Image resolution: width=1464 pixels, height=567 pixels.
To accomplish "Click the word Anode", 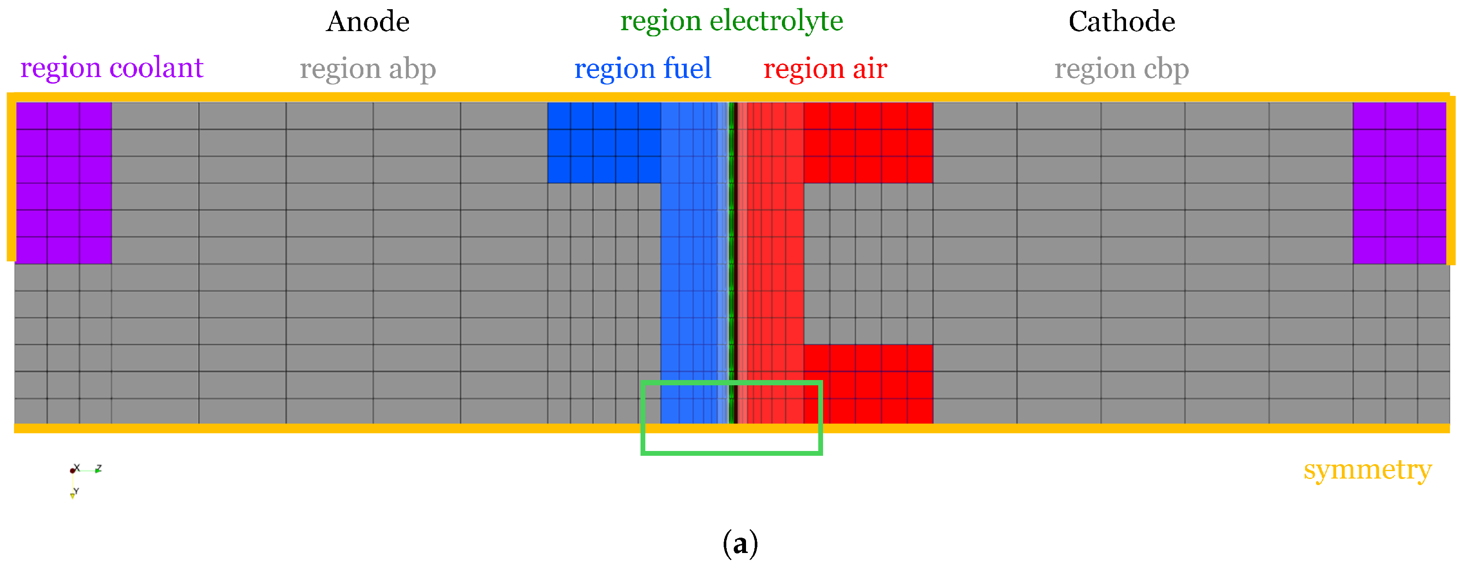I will click(x=368, y=22).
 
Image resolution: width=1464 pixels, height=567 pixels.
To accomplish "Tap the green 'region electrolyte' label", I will click(x=732, y=21).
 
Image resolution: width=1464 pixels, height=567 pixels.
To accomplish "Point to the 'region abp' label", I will click(x=368, y=69).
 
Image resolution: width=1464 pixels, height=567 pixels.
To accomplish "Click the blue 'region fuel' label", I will click(x=642, y=69).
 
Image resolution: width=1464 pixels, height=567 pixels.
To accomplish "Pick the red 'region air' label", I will click(x=825, y=69).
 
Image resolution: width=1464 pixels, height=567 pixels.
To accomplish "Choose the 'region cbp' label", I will click(x=1121, y=69).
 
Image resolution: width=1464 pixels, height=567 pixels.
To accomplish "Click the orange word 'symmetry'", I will click(x=1367, y=470).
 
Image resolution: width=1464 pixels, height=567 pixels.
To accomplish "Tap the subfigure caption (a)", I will click(x=740, y=544).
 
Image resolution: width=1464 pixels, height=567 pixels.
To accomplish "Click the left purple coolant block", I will click(x=63, y=183).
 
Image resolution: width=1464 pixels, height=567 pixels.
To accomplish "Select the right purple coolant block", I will click(x=1399, y=183).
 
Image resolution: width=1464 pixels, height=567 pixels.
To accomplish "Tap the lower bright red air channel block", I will click(x=868, y=384).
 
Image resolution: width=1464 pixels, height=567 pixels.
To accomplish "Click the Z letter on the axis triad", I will click(x=99, y=468).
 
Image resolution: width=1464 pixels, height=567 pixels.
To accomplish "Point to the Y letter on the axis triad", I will click(x=76, y=491).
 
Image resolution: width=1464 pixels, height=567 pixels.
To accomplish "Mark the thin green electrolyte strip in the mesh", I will click(x=732, y=261).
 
